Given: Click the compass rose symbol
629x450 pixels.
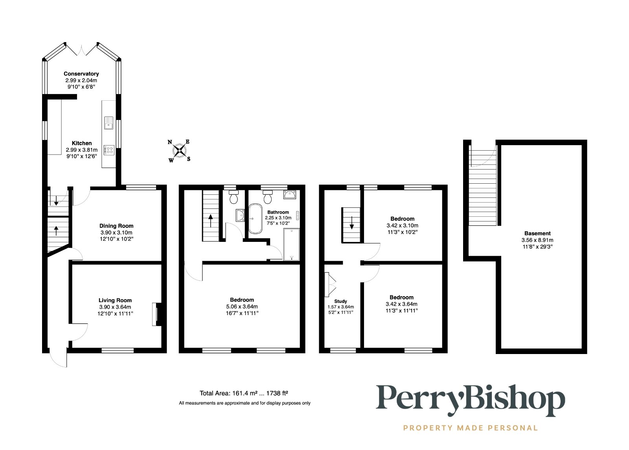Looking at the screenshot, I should pos(180,150).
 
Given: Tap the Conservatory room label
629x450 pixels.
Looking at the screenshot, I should pos(81,74).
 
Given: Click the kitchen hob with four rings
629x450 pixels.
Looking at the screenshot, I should pos(109,150).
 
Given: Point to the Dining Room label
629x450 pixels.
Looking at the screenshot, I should pos(116,226).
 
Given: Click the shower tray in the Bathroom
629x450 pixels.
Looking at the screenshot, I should pos(291,244).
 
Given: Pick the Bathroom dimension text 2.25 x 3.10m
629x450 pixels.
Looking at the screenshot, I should pos(278,218).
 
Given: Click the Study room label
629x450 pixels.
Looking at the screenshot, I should pos(340,301).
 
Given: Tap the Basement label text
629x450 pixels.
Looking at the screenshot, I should pos(537,233).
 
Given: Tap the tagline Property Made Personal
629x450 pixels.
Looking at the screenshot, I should pos(470,428).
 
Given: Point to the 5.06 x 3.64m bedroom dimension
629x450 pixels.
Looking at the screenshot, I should pos(242,306).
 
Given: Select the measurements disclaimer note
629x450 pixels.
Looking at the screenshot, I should pos(245,403).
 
